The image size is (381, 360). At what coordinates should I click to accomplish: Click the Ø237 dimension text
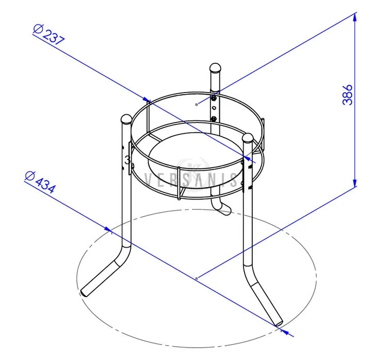(49, 34)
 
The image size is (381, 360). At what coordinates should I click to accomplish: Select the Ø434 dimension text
(40, 182)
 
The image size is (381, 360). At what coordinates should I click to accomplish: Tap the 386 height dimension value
(348, 95)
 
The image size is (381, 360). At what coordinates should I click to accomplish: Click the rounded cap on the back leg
(215, 68)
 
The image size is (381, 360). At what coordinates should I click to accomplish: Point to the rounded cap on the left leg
(126, 119)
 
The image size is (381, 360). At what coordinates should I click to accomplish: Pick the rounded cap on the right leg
(248, 138)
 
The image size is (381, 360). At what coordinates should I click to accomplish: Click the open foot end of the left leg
(84, 293)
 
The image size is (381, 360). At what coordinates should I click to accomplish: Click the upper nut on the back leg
(214, 98)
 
